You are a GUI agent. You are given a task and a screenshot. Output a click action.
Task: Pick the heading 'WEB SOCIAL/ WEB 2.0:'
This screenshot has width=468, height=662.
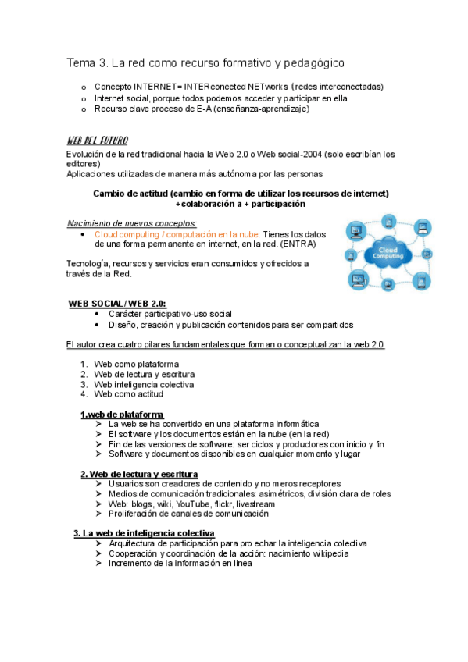coord(117,303)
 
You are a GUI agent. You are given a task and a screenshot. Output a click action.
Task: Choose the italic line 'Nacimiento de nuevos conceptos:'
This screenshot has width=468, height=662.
coord(132,223)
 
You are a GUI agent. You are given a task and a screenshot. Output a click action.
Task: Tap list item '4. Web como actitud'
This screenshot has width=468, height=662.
coord(121,394)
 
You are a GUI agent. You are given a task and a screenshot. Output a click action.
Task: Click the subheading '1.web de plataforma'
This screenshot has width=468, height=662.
coord(122,414)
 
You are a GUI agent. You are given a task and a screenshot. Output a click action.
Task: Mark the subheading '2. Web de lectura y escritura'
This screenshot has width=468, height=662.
coord(139,474)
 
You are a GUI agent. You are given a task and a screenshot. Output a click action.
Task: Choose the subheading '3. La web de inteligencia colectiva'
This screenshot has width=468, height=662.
coord(145,534)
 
